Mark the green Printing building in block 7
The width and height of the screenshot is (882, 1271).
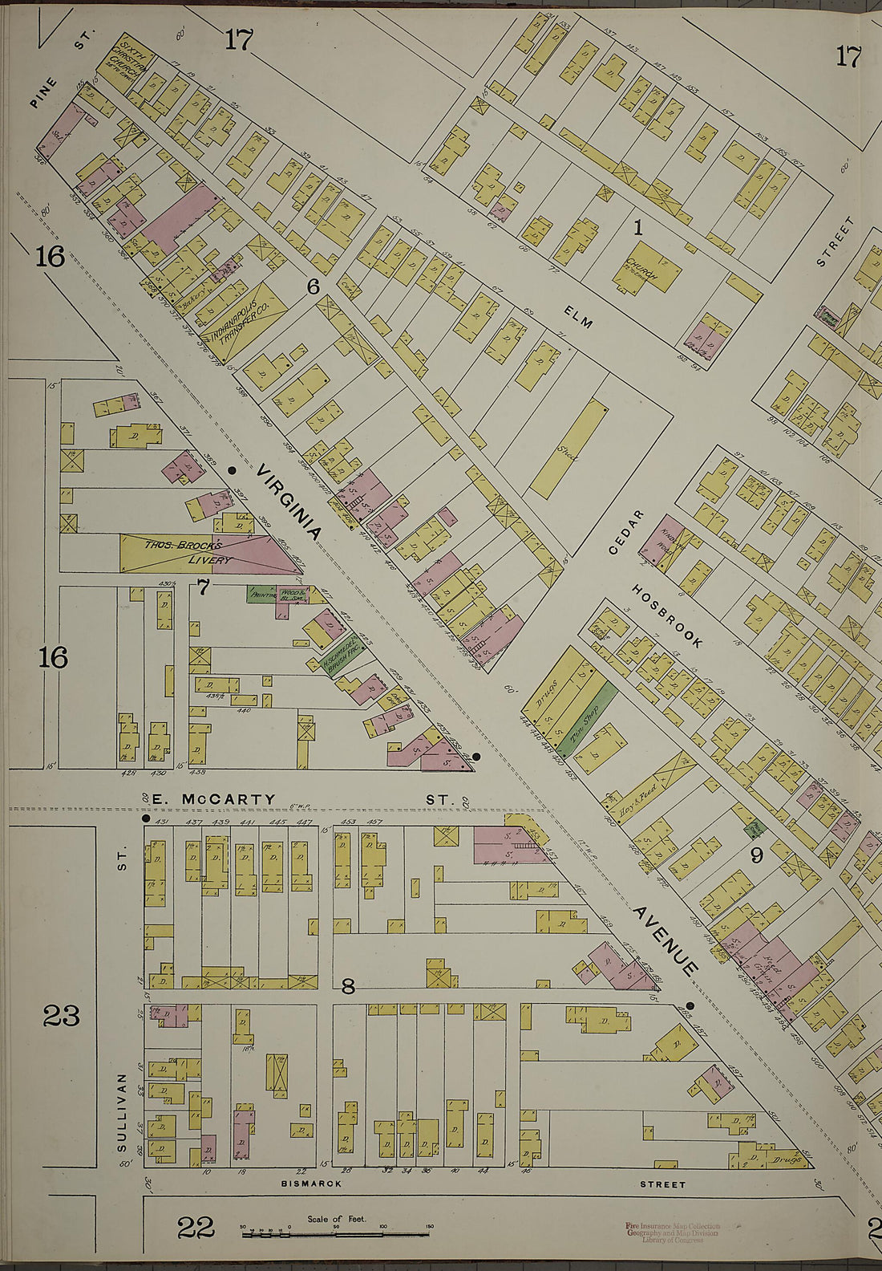click(x=262, y=595)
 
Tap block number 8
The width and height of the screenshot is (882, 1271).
click(x=348, y=987)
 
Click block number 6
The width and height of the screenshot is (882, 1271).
click(x=314, y=286)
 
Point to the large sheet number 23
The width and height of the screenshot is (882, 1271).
click(x=62, y=1016)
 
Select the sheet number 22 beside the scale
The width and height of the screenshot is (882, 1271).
click(x=195, y=1227)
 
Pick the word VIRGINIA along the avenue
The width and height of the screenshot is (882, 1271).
click(x=290, y=501)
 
